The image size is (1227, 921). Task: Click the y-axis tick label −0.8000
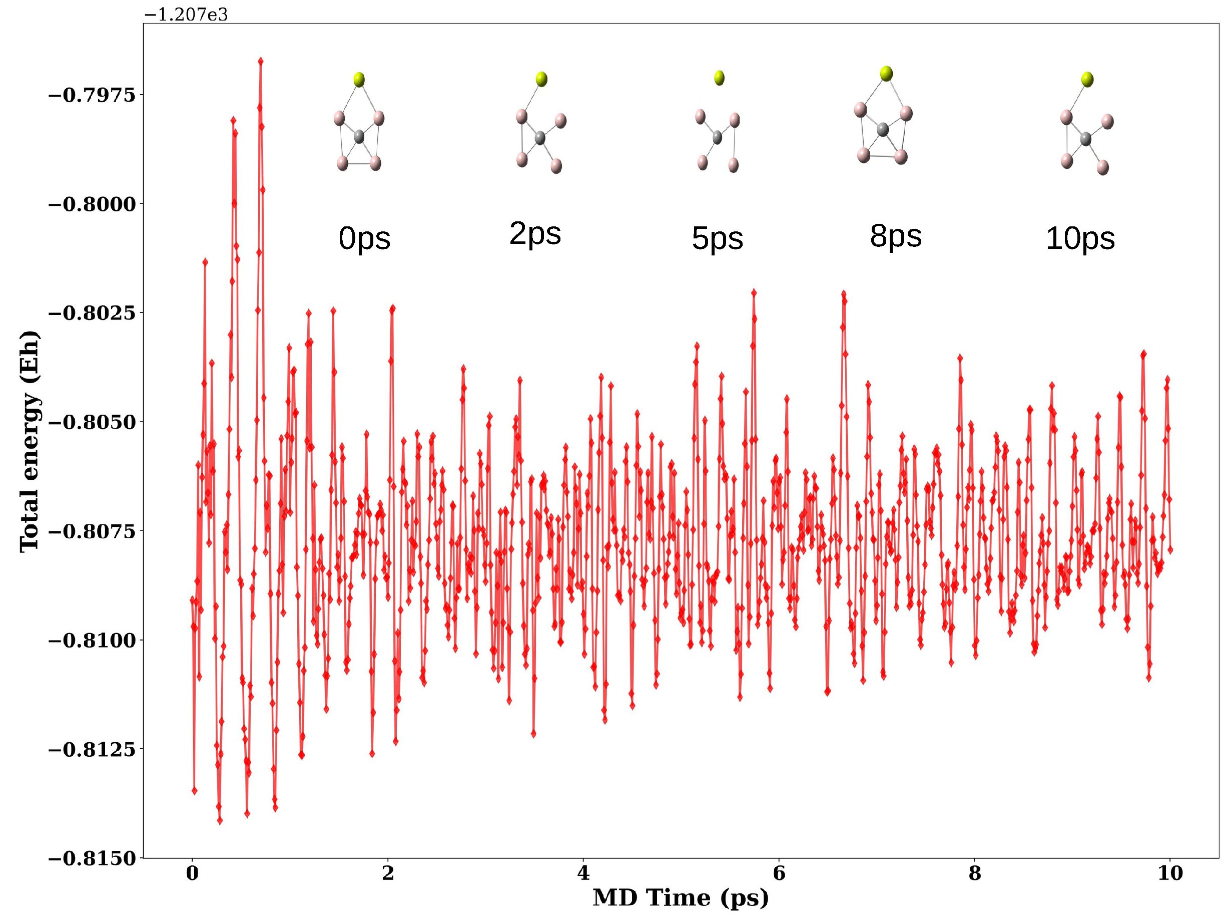pyautogui.click(x=92, y=204)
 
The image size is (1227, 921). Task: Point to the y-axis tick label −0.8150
pyautogui.click(x=92, y=859)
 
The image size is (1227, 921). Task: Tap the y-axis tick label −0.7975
pyautogui.click(x=92, y=96)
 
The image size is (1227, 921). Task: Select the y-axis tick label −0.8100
pyautogui.click(x=92, y=641)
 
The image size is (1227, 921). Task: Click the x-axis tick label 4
pyautogui.click(x=583, y=874)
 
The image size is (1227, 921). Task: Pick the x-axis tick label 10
pyautogui.click(x=1170, y=874)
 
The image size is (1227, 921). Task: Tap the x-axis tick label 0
pyautogui.click(x=192, y=874)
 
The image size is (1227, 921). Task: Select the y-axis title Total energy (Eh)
pyautogui.click(x=29, y=441)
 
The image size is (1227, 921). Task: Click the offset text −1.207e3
pyautogui.click(x=186, y=15)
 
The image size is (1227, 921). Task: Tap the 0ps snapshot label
pyautogui.click(x=364, y=239)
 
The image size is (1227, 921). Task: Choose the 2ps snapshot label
pyautogui.click(x=535, y=234)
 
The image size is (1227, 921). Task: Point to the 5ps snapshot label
pyautogui.click(x=717, y=239)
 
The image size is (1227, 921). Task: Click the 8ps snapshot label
pyautogui.click(x=896, y=236)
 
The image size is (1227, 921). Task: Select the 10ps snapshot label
pyautogui.click(x=1080, y=239)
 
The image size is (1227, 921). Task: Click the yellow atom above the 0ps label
pyautogui.click(x=359, y=80)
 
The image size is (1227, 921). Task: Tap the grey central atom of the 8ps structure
pyautogui.click(x=883, y=130)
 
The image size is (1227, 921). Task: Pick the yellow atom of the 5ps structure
pyautogui.click(x=719, y=78)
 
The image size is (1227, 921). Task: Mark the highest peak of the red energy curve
pyautogui.click(x=260, y=61)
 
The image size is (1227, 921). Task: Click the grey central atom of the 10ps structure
pyautogui.click(x=1085, y=139)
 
